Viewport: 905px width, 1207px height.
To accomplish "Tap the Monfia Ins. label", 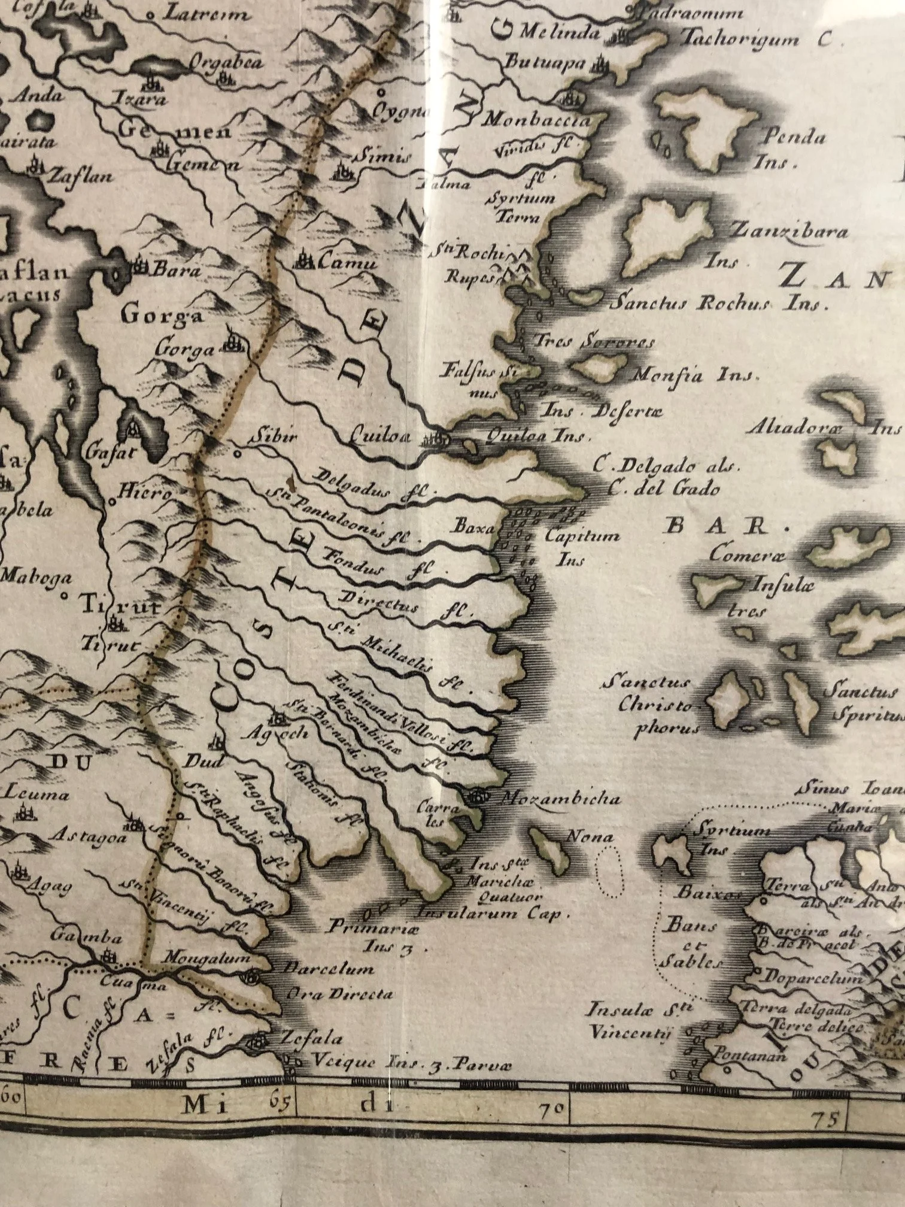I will (695, 375).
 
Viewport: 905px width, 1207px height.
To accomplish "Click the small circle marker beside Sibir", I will (237, 453).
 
